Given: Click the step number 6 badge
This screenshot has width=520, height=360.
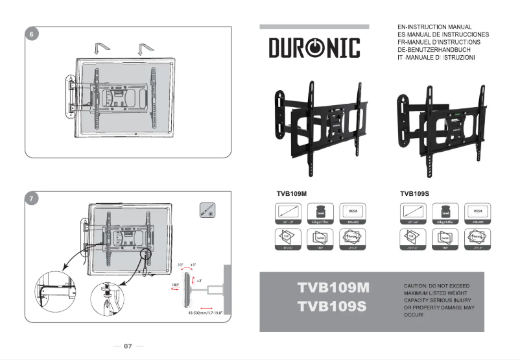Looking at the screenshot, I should click(32, 34).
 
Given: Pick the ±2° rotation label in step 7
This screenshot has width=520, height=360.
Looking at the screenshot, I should click(200, 281).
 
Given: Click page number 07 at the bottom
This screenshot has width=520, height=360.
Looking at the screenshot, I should click(128, 346).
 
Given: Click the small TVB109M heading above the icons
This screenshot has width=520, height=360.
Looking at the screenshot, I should click(291, 193).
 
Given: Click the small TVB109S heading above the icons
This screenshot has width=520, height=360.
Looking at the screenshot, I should click(415, 193).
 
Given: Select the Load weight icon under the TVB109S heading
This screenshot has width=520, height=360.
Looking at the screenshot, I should click(445, 213).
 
